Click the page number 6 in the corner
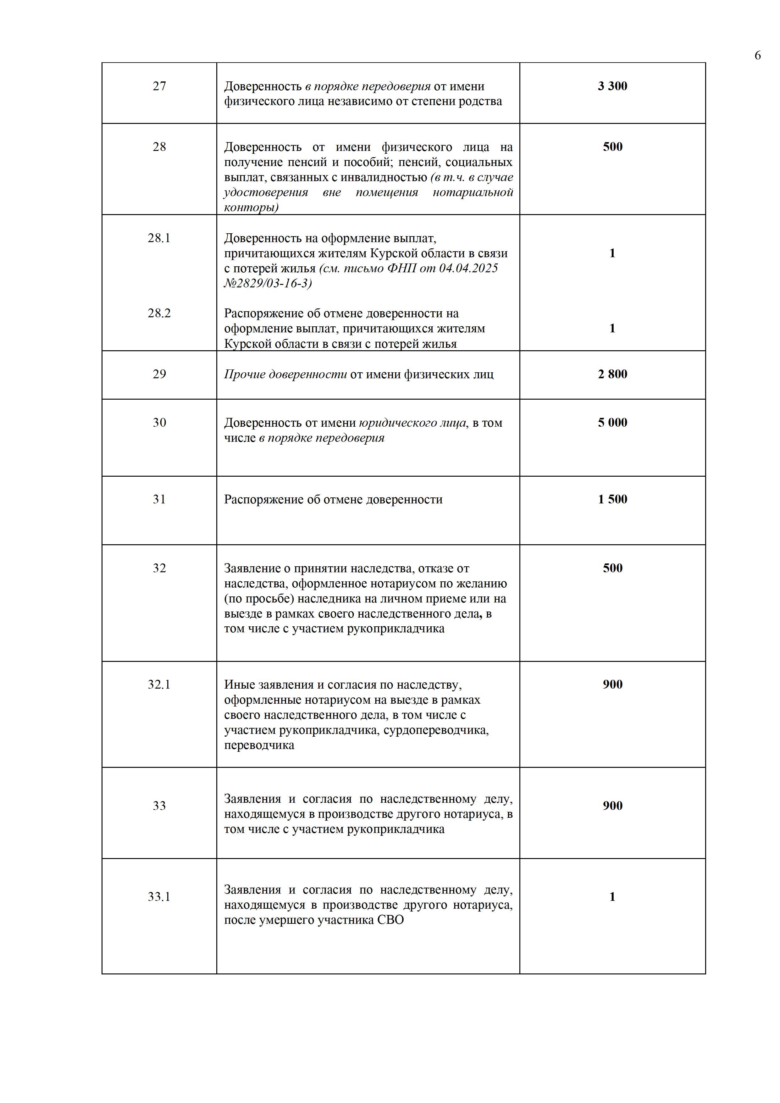757,56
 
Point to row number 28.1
159,238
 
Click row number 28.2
159,313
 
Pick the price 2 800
612,374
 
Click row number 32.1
159,685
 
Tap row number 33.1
159,897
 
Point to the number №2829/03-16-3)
268,283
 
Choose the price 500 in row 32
612,568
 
